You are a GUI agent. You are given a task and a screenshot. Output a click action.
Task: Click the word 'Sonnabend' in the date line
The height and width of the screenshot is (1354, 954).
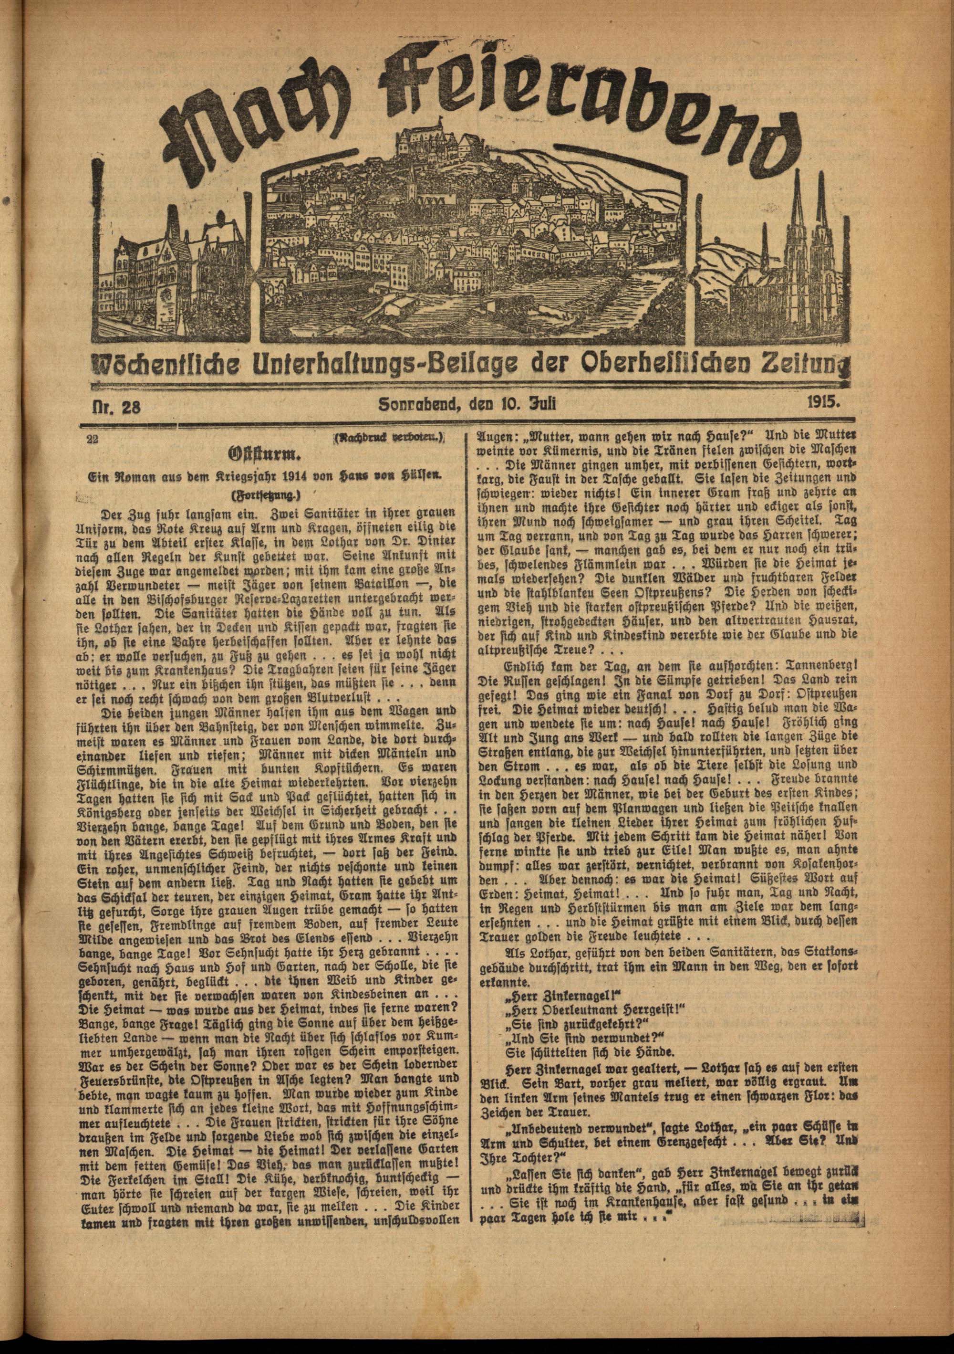(419, 405)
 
